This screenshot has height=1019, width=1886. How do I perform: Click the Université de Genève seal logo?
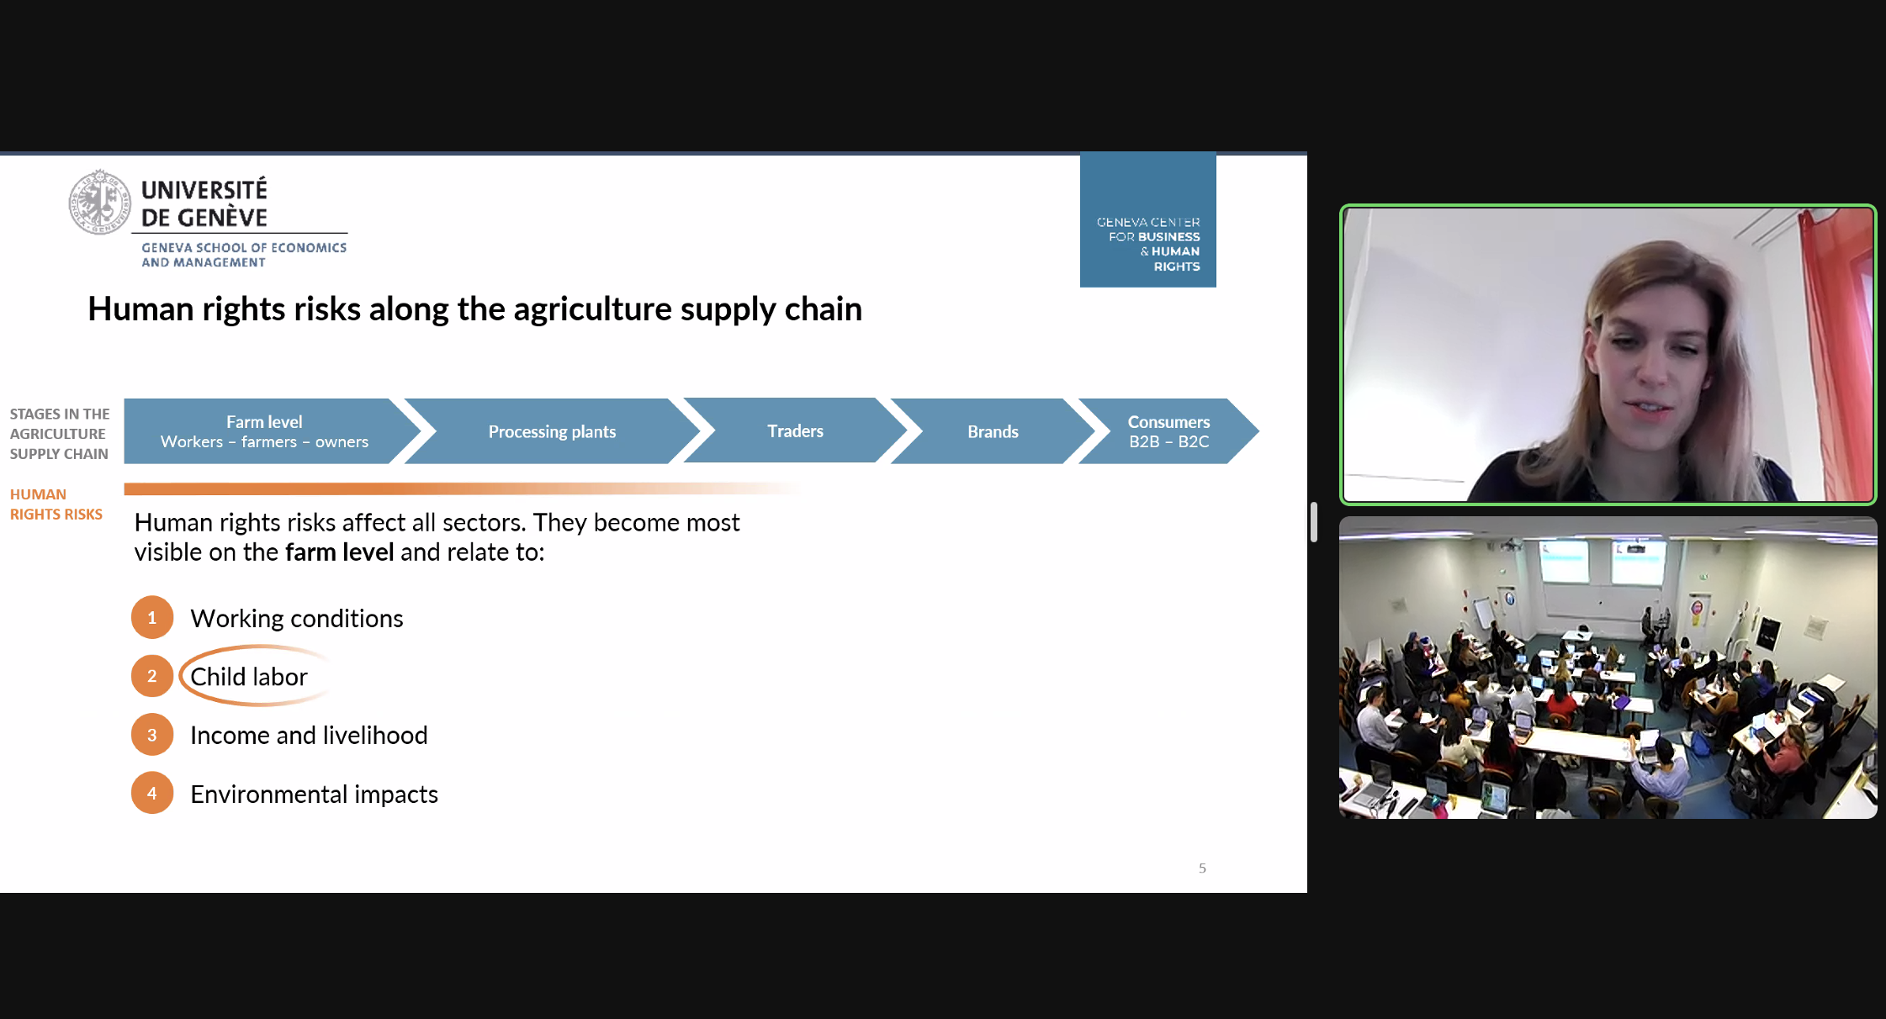click(x=100, y=202)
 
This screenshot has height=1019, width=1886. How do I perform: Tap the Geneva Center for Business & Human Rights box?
click(x=1148, y=219)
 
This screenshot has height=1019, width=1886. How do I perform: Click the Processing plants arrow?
click(x=552, y=431)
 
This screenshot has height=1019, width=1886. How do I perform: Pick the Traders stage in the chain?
click(x=795, y=430)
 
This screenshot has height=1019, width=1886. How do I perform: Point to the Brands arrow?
click(x=993, y=431)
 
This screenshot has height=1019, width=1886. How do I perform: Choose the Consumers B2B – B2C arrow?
click(x=1168, y=431)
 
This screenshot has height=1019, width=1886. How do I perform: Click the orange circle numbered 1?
click(x=152, y=618)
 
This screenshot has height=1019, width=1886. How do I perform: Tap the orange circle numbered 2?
click(x=152, y=676)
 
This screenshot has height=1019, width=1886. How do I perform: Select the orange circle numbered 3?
click(x=152, y=735)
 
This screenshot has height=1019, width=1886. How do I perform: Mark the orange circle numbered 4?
click(x=152, y=793)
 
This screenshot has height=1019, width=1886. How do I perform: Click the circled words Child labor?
click(x=249, y=677)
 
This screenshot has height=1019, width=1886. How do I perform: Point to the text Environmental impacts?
click(x=314, y=795)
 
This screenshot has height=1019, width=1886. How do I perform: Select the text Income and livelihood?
click(x=309, y=736)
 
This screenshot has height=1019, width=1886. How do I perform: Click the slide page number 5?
click(x=1202, y=869)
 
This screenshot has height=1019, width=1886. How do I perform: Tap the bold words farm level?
click(x=339, y=552)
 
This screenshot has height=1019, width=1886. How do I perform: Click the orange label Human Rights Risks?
click(x=56, y=504)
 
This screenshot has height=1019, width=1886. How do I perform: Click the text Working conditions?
click(x=297, y=619)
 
